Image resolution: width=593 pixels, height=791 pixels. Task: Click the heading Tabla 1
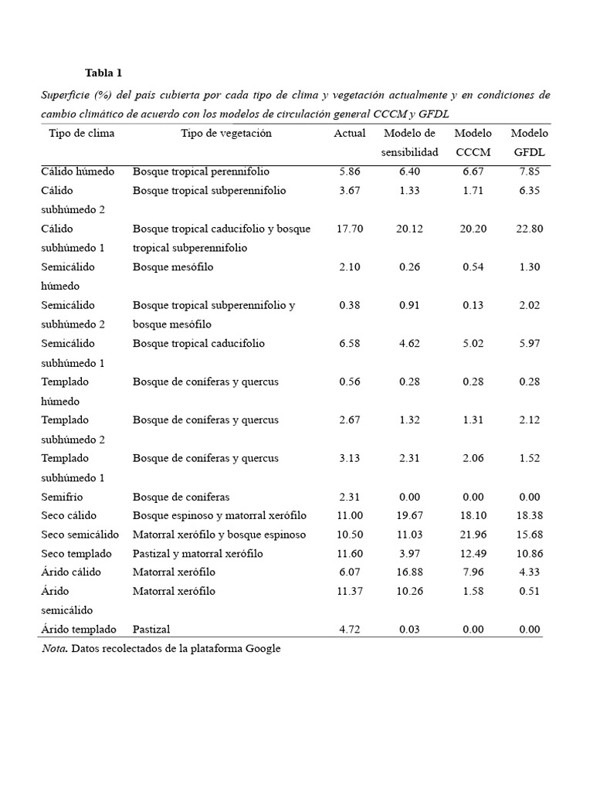(103, 73)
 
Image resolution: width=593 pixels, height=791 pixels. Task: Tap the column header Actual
(349, 134)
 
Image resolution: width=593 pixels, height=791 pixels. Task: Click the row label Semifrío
(62, 497)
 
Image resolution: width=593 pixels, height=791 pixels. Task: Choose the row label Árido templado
(79, 629)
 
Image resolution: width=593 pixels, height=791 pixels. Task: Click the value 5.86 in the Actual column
(349, 171)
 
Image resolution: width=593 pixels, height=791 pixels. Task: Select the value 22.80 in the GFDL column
(529, 229)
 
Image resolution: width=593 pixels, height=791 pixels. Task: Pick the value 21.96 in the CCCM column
(473, 535)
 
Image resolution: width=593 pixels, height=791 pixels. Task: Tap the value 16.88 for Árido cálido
(409, 572)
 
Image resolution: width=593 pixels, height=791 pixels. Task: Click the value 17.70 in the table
(349, 229)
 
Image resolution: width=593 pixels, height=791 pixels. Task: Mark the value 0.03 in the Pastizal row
(409, 629)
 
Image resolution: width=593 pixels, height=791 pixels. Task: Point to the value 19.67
(409, 515)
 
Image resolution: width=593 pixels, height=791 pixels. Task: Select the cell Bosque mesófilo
(173, 267)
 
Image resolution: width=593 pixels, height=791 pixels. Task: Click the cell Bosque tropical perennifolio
(201, 171)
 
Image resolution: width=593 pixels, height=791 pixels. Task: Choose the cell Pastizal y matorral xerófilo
(198, 554)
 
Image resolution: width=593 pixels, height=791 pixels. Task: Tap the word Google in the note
(263, 649)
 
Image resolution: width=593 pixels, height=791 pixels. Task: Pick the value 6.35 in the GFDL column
(529, 191)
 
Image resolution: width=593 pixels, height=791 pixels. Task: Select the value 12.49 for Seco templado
(473, 554)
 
